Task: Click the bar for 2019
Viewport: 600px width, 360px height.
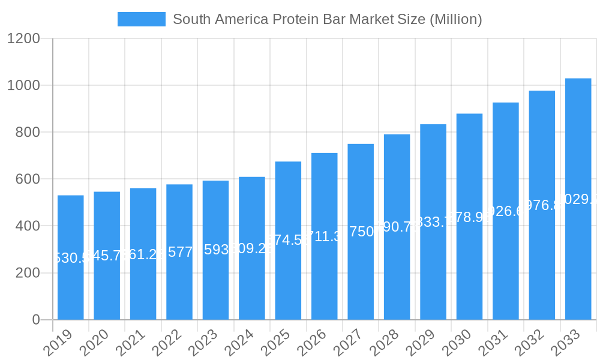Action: point(71,257)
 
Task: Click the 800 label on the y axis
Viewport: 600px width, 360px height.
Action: point(27,133)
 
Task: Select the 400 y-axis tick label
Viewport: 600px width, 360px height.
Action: point(27,226)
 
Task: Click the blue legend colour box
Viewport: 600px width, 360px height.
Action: point(142,19)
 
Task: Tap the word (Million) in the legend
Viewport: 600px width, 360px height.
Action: point(455,19)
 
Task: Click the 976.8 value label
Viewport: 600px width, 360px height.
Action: point(542,205)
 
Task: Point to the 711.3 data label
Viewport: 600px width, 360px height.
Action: point(325,236)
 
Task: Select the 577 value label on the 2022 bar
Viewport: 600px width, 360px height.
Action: point(179,252)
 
